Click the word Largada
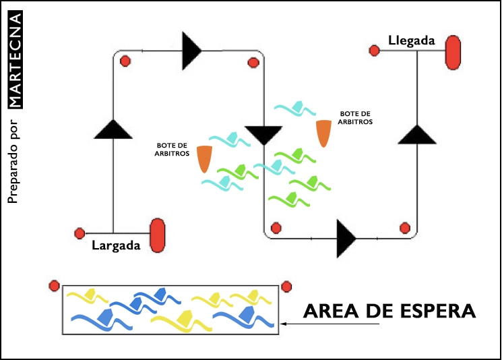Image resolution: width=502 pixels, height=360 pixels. pos(116,245)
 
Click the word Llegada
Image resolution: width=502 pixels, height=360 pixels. pos(412,41)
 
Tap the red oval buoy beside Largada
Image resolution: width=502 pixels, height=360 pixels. pos(158,235)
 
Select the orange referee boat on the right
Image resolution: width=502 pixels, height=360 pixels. pos(324,133)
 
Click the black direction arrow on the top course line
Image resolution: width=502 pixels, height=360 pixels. pos(191,51)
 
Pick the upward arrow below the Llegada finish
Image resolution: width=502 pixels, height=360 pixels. pos(418,133)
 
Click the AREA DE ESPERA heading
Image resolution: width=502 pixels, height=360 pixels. pos(389,311)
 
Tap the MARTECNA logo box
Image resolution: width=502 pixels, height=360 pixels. pos(15,57)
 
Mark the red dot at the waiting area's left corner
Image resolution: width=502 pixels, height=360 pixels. pos(55,286)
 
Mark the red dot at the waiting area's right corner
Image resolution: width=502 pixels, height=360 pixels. pos(286,286)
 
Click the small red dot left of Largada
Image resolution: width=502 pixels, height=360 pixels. pos(80,234)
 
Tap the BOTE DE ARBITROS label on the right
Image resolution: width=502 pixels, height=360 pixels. pos(356,117)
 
